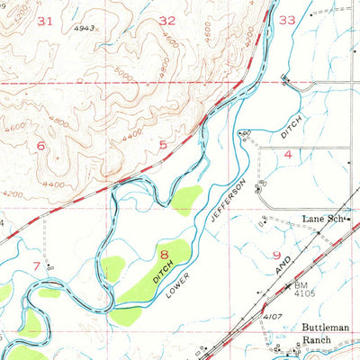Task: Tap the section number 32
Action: [x=167, y=20]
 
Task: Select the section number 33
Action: [x=287, y=19]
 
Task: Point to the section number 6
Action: [x=40, y=144]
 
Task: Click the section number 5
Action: [x=163, y=144]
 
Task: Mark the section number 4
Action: [x=288, y=155]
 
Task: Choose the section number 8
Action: [x=165, y=255]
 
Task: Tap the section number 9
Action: [x=278, y=255]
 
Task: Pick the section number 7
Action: [x=36, y=265]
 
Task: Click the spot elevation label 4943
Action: [x=85, y=29]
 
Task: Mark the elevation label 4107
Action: [x=272, y=316]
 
